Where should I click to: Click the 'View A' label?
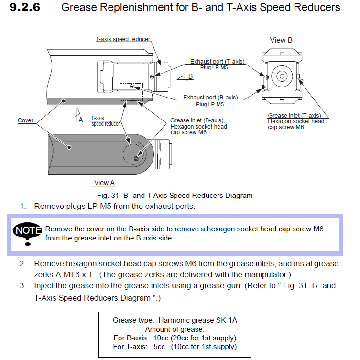(104, 182)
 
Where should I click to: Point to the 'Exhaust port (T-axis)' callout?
(217, 62)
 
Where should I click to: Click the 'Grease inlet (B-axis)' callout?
(196, 120)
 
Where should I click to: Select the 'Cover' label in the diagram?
(25, 120)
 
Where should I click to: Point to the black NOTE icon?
(28, 232)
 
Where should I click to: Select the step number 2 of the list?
(22, 264)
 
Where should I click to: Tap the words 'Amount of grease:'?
(175, 329)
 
